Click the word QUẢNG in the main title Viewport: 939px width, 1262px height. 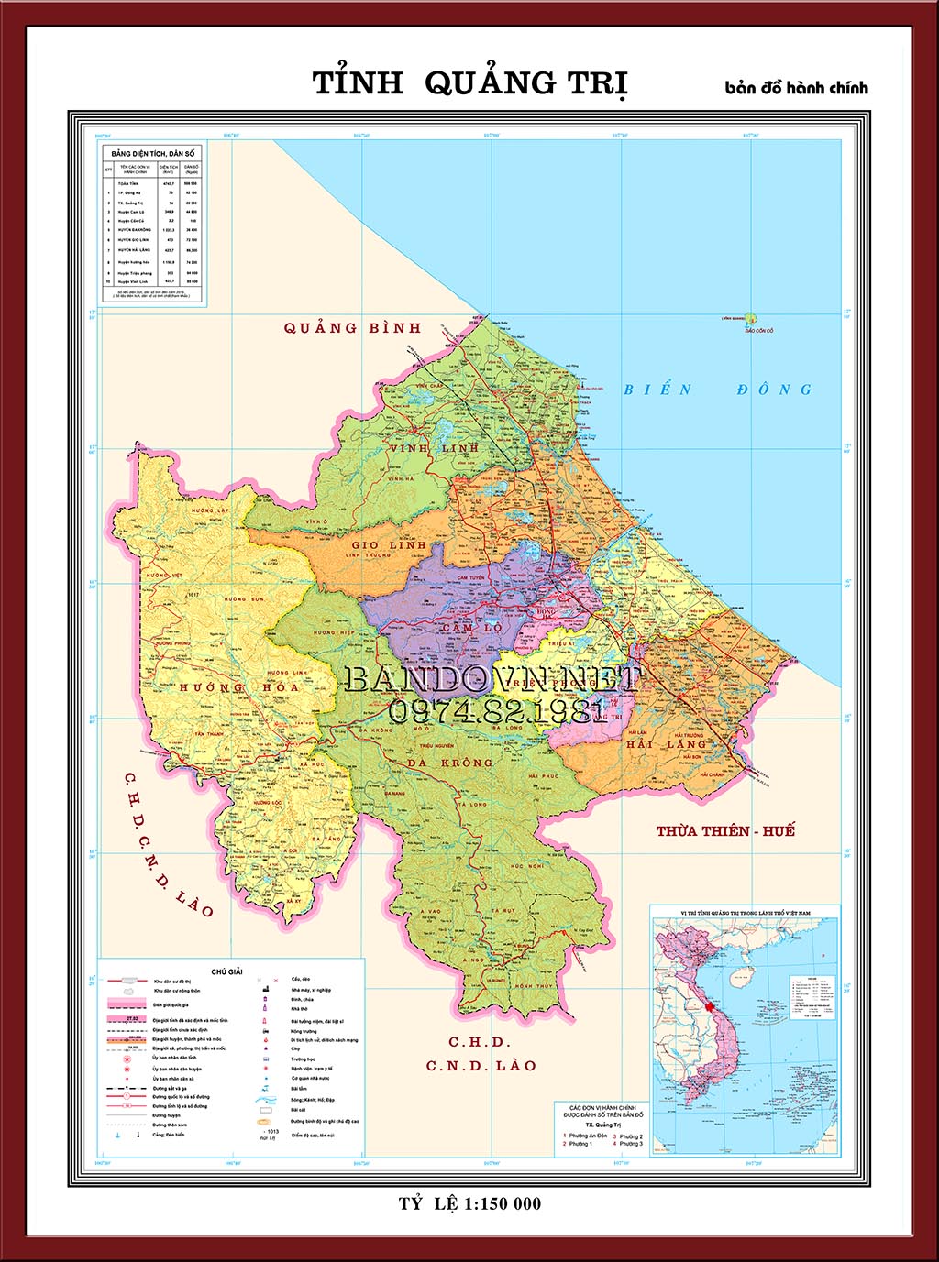pyautogui.click(x=491, y=83)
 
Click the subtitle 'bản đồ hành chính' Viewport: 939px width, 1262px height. pyautogui.click(x=796, y=88)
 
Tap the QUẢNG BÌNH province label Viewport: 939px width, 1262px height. pyautogui.click(x=352, y=328)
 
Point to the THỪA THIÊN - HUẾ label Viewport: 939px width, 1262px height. pyautogui.click(x=725, y=831)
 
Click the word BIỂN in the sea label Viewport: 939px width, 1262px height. pyautogui.click(x=657, y=390)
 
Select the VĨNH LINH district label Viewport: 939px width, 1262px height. pyautogui.click(x=434, y=448)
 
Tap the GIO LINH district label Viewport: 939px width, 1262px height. pyautogui.click(x=389, y=544)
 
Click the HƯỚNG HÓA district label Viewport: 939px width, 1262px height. pyautogui.click(x=239, y=687)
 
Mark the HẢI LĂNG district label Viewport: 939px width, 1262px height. pyautogui.click(x=667, y=744)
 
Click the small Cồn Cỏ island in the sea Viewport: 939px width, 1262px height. pyautogui.click(x=751, y=319)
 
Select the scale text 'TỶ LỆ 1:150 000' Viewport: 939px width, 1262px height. pyautogui.click(x=469, y=1203)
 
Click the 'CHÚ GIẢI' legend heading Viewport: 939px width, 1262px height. pyautogui.click(x=226, y=971)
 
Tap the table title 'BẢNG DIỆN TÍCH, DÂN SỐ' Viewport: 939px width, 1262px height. pyautogui.click(x=153, y=153)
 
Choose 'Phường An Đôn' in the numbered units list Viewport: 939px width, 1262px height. pyautogui.click(x=587, y=1136)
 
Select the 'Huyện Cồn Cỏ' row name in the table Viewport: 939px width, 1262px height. pyautogui.click(x=132, y=221)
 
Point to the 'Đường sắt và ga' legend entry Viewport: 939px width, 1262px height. pyautogui.click(x=170, y=1088)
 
